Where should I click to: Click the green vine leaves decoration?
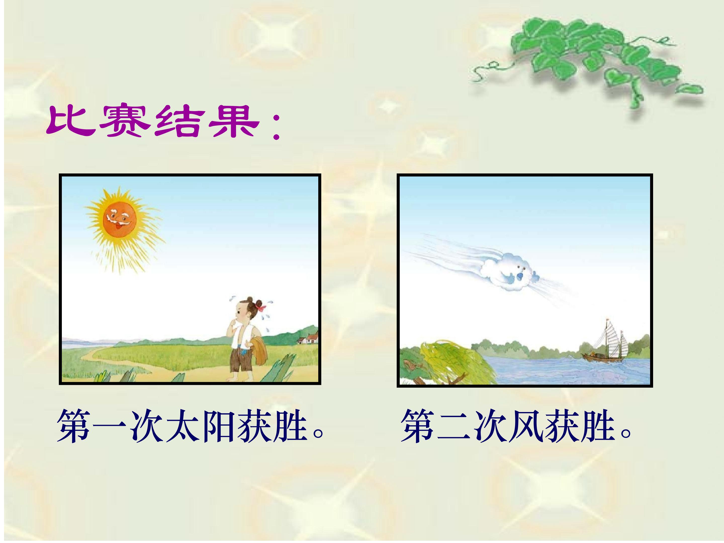tap(589, 59)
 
